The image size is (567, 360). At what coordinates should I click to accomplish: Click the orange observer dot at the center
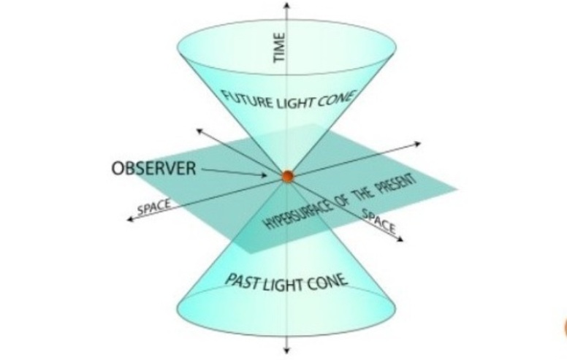coord(288,177)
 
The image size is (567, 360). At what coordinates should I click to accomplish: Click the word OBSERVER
coord(154,169)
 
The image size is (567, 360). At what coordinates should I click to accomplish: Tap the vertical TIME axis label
coord(279,47)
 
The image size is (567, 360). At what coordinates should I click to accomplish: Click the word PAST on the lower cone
coord(243,281)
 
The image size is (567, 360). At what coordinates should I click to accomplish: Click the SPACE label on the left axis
coord(154,207)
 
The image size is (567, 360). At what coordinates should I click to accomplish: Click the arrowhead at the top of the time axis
coord(286,5)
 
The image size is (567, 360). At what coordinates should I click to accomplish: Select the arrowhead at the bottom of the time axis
coord(286,350)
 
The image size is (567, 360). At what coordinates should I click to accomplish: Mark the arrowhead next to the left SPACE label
coord(131,219)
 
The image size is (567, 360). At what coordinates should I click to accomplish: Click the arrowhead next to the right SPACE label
coord(400,239)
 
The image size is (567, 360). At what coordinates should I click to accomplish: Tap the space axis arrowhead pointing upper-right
coord(418,144)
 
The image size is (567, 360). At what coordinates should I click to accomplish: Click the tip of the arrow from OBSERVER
coord(267,176)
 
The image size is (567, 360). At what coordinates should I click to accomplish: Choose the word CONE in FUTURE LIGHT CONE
coord(336,99)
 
